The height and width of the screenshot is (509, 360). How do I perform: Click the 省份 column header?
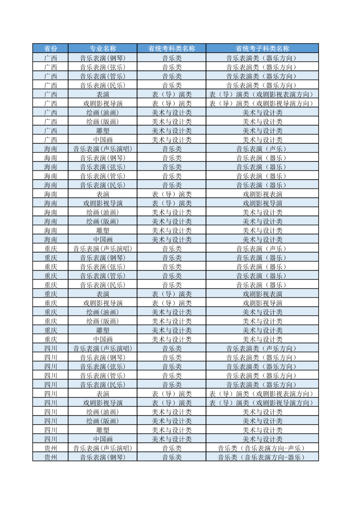click(51, 49)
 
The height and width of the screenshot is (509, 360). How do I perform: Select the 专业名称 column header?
click(103, 49)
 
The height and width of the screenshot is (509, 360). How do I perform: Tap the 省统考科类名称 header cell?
click(172, 49)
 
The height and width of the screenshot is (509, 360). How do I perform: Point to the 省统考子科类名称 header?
click(262, 49)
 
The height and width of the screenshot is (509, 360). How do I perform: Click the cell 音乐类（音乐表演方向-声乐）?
click(262, 448)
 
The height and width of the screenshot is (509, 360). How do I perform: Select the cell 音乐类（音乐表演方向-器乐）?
click(262, 457)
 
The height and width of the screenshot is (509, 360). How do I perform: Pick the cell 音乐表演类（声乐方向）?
click(262, 348)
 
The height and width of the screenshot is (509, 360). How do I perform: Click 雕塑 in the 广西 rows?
click(103, 131)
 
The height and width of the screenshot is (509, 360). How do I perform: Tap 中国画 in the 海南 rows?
click(103, 239)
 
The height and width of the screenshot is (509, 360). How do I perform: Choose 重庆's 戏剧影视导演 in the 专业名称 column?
click(103, 303)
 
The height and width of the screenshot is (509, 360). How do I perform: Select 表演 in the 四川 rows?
click(103, 394)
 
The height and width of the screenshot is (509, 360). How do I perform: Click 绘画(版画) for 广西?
click(103, 122)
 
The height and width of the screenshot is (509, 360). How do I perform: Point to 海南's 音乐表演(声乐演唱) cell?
click(103, 149)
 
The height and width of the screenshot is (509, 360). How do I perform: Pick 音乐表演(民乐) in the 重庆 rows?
click(103, 285)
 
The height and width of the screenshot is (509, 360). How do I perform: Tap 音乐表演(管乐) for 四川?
click(103, 376)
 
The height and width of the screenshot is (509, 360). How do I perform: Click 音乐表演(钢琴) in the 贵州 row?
click(103, 457)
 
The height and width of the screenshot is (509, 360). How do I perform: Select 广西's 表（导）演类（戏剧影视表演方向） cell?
click(262, 94)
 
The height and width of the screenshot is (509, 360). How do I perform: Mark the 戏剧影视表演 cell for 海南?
click(262, 194)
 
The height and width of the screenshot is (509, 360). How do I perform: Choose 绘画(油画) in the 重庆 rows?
click(103, 312)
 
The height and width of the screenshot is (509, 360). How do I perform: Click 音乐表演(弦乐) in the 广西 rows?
click(103, 67)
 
